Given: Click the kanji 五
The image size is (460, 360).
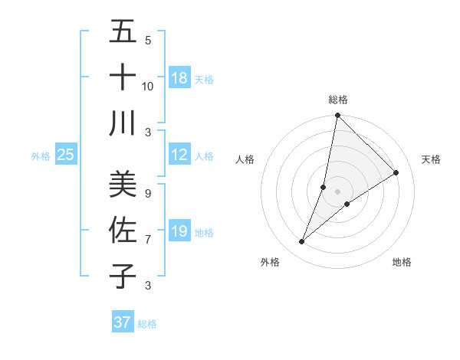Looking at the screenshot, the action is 123,32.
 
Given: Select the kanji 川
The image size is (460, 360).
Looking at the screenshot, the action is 123,123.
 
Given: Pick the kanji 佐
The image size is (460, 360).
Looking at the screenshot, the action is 123,230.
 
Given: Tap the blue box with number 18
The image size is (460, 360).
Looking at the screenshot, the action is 179,78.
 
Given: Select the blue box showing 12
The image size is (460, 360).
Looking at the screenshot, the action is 179,155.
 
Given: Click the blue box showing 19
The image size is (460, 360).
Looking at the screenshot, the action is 179,231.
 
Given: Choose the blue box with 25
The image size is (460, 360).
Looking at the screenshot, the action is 66,155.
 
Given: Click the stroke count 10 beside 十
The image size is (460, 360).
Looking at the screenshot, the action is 148,86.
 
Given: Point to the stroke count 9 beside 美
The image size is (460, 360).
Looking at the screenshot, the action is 148,193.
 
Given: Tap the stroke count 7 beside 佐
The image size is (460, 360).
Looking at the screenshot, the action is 148,240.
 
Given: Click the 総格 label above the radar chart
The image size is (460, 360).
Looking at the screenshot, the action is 337,100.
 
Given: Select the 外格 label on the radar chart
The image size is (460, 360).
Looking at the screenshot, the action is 270,262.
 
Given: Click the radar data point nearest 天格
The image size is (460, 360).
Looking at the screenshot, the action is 396,172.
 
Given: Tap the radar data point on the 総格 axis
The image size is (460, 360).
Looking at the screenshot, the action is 337,116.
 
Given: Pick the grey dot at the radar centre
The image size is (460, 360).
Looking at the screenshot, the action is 337,191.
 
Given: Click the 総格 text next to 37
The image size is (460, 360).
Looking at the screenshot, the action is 147,323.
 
